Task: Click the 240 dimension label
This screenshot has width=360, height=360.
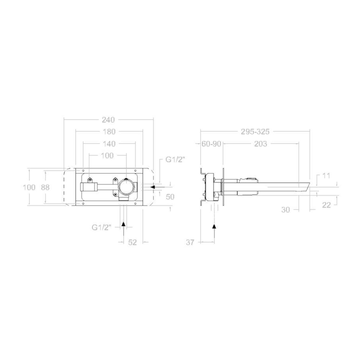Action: (108, 120)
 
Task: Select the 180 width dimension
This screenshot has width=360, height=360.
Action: (109, 132)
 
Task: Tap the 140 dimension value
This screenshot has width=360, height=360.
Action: (109, 144)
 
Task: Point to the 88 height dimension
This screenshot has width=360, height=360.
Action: (45, 187)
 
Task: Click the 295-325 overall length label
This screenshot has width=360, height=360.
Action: (255, 132)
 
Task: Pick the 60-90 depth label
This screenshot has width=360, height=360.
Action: (211, 144)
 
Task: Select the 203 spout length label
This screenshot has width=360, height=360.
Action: (261, 144)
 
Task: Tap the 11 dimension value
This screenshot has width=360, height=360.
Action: (326, 176)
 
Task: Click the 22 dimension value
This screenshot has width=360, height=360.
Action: (326, 205)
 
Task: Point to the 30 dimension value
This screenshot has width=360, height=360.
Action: (285, 209)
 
